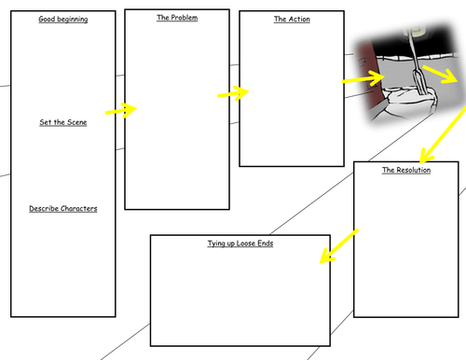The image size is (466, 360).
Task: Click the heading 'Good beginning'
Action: pyautogui.click(x=63, y=19)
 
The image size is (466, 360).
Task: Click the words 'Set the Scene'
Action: pyautogui.click(x=63, y=122)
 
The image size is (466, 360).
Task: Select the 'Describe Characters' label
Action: pyautogui.click(x=63, y=208)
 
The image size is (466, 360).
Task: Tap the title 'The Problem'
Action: pyautogui.click(x=176, y=18)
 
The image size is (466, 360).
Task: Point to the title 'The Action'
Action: pyautogui.click(x=292, y=20)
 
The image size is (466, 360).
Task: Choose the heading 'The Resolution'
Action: pyautogui.click(x=406, y=171)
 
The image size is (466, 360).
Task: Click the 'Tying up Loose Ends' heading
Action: pyautogui.click(x=240, y=243)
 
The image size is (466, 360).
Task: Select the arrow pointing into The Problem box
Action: pyautogui.click(x=120, y=110)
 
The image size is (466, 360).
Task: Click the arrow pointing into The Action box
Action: pyautogui.click(x=233, y=92)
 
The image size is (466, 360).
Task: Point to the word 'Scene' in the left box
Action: pyautogui.click(x=75, y=122)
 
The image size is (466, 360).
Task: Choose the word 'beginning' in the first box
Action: pyautogui.click(x=74, y=19)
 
